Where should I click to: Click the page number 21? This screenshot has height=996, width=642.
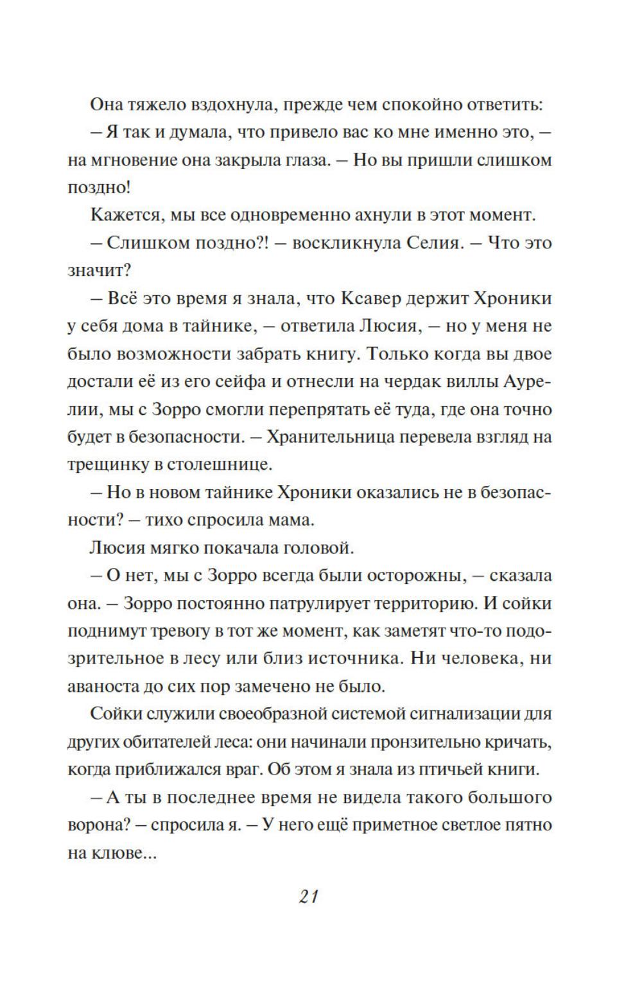coord(308,896)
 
